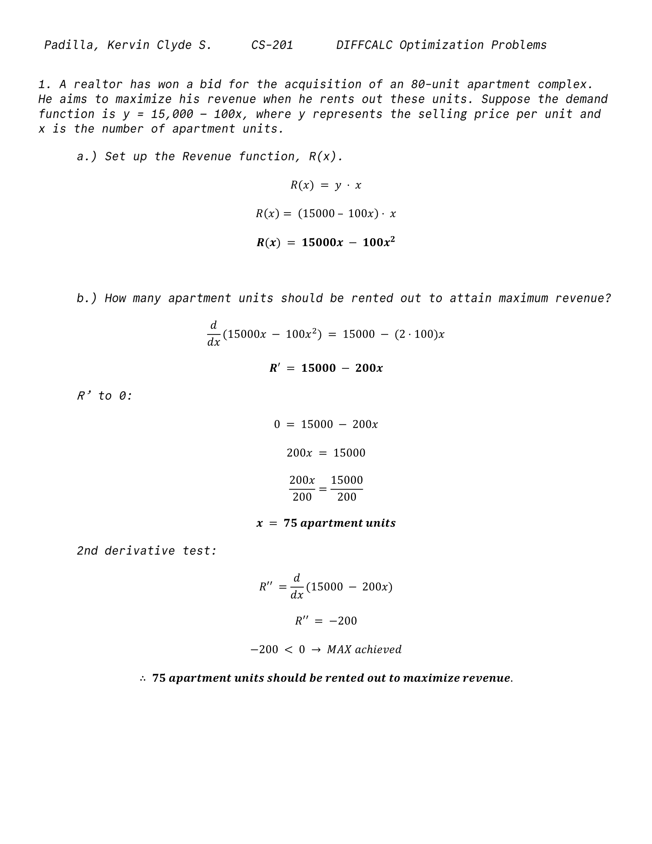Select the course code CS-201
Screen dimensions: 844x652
coord(272,45)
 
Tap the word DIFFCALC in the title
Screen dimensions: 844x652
coord(364,45)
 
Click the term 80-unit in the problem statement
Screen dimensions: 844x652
coord(435,84)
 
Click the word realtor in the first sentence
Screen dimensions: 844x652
coord(98,84)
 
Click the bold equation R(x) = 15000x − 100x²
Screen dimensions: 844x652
coord(326,242)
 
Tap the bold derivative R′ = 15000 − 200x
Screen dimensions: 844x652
coord(326,368)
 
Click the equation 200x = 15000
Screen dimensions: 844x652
coord(326,453)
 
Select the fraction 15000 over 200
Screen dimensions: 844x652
coord(346,488)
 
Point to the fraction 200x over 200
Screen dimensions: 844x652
coord(302,488)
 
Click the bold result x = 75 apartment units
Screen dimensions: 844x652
coord(326,523)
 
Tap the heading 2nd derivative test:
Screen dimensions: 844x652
coord(147,551)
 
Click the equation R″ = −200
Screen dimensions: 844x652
coord(326,621)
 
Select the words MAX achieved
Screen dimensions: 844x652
coord(364,649)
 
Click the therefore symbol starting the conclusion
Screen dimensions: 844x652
coord(143,679)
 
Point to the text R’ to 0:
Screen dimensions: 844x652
coord(105,396)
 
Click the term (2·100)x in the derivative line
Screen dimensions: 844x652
coord(420,334)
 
